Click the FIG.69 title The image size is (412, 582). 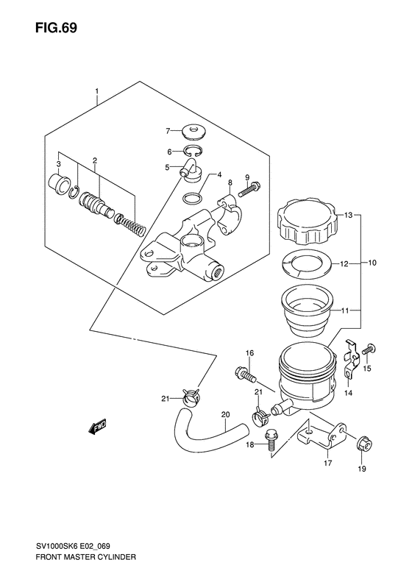coord(57,28)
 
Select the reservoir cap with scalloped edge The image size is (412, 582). coord(308,221)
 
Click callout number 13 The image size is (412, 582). coord(348,215)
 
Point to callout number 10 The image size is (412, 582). coord(372,263)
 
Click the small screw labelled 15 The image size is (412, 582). coord(369,349)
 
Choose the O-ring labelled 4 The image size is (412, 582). coord(193,198)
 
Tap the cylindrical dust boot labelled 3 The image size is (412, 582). coord(59,182)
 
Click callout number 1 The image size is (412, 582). coord(96,91)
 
